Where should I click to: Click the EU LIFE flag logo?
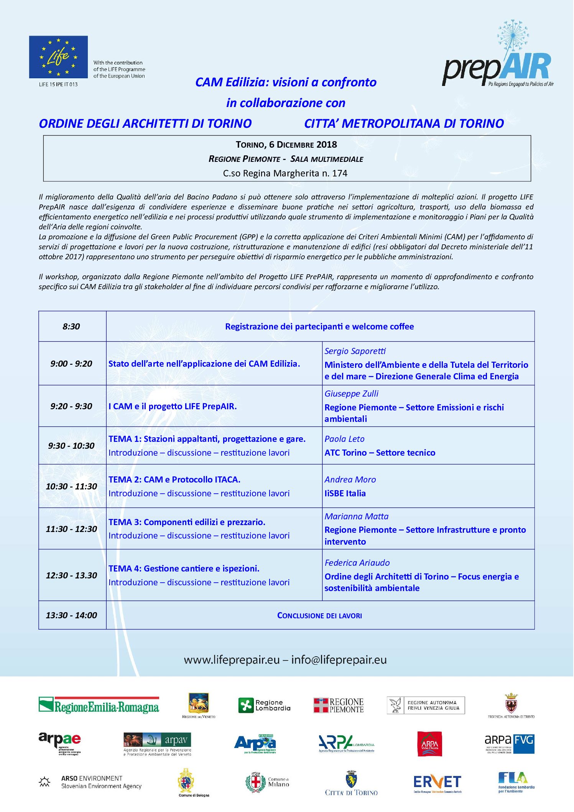point(58,57)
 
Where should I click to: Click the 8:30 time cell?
point(71,326)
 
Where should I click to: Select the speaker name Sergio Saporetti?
point(355,351)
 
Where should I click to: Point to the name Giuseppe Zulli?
point(351,394)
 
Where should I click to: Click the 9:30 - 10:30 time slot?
point(71,446)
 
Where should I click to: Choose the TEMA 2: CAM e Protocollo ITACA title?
point(174,479)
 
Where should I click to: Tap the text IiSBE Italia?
point(345,493)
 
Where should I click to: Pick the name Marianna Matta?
point(357,516)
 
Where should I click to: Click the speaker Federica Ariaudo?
point(357,563)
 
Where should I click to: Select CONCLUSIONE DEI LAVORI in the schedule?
point(319,616)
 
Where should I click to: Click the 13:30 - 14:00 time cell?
point(71,615)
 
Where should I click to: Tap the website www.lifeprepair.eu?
point(232,660)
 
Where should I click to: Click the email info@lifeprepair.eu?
point(339,660)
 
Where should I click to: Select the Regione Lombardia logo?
point(264,705)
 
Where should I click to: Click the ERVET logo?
point(437,782)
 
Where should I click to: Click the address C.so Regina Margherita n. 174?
point(285,173)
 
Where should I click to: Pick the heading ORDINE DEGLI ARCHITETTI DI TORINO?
point(145,124)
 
